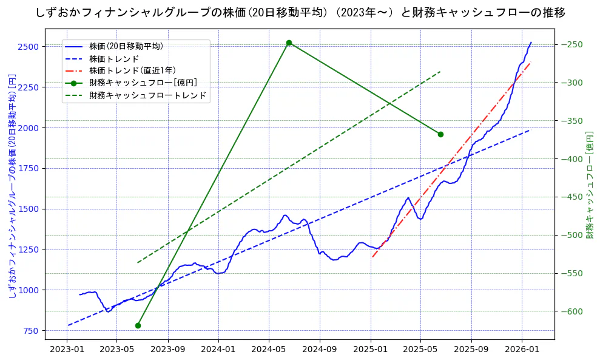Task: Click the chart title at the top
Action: click(x=300, y=13)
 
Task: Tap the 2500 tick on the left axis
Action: click(x=29, y=47)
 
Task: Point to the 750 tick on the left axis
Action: click(x=31, y=331)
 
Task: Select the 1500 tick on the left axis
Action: click(x=29, y=209)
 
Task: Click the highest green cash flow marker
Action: click(x=289, y=42)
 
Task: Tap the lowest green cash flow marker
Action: click(x=138, y=325)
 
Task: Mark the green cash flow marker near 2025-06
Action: click(x=440, y=134)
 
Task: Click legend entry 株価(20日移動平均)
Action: click(x=126, y=46)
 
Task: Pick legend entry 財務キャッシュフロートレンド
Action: click(x=147, y=95)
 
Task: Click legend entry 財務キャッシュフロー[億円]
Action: click(x=143, y=83)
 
